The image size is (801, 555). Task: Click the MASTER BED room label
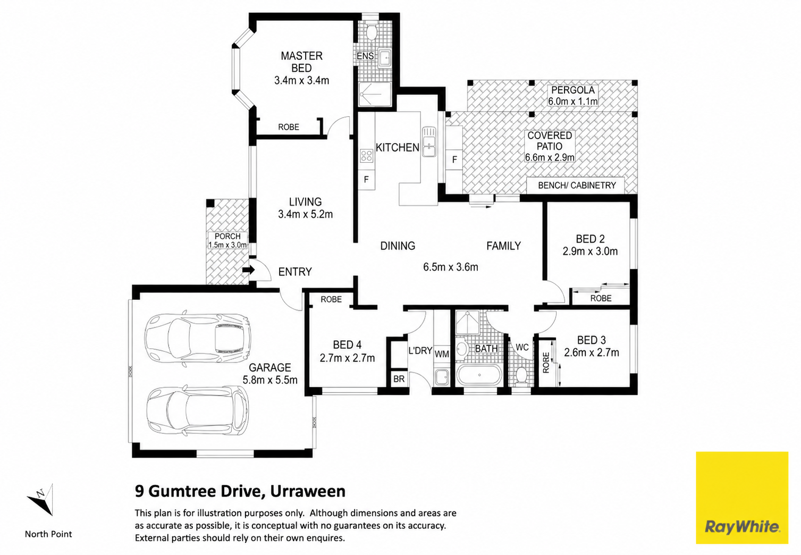[x=301, y=62]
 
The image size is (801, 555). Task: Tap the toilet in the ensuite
[x=372, y=31]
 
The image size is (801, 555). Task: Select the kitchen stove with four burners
[x=367, y=155]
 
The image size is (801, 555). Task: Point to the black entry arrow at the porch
[x=249, y=270]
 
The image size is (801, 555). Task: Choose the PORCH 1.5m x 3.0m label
[x=227, y=240]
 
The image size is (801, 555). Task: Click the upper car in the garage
[x=197, y=339]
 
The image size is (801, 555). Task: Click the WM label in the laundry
[x=442, y=354]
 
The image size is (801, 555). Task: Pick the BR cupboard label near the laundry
[x=399, y=379]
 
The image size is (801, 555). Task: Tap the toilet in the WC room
[x=522, y=376]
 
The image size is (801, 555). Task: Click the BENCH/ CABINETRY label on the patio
[x=577, y=185]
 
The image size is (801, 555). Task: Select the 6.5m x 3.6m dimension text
[x=451, y=267]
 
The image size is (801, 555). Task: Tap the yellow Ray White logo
[x=742, y=498]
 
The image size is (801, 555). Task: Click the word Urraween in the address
[x=308, y=491]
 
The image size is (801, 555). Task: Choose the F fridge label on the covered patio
[x=454, y=159]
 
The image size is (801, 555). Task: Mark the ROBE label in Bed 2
[x=601, y=298]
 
